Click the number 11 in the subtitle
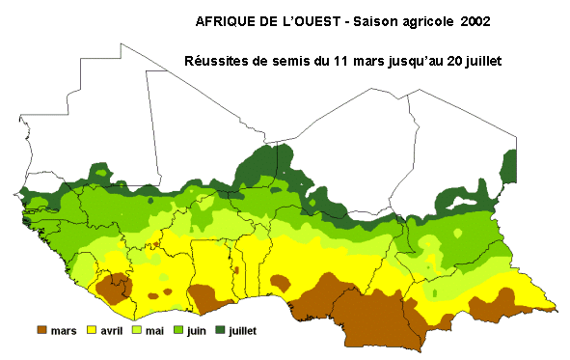coord(333,61)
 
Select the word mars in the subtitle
coord(360,61)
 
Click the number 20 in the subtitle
coord(454,61)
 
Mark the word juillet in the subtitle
coord(488,61)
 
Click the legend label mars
coord(63,330)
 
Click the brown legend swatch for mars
coord(42,330)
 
